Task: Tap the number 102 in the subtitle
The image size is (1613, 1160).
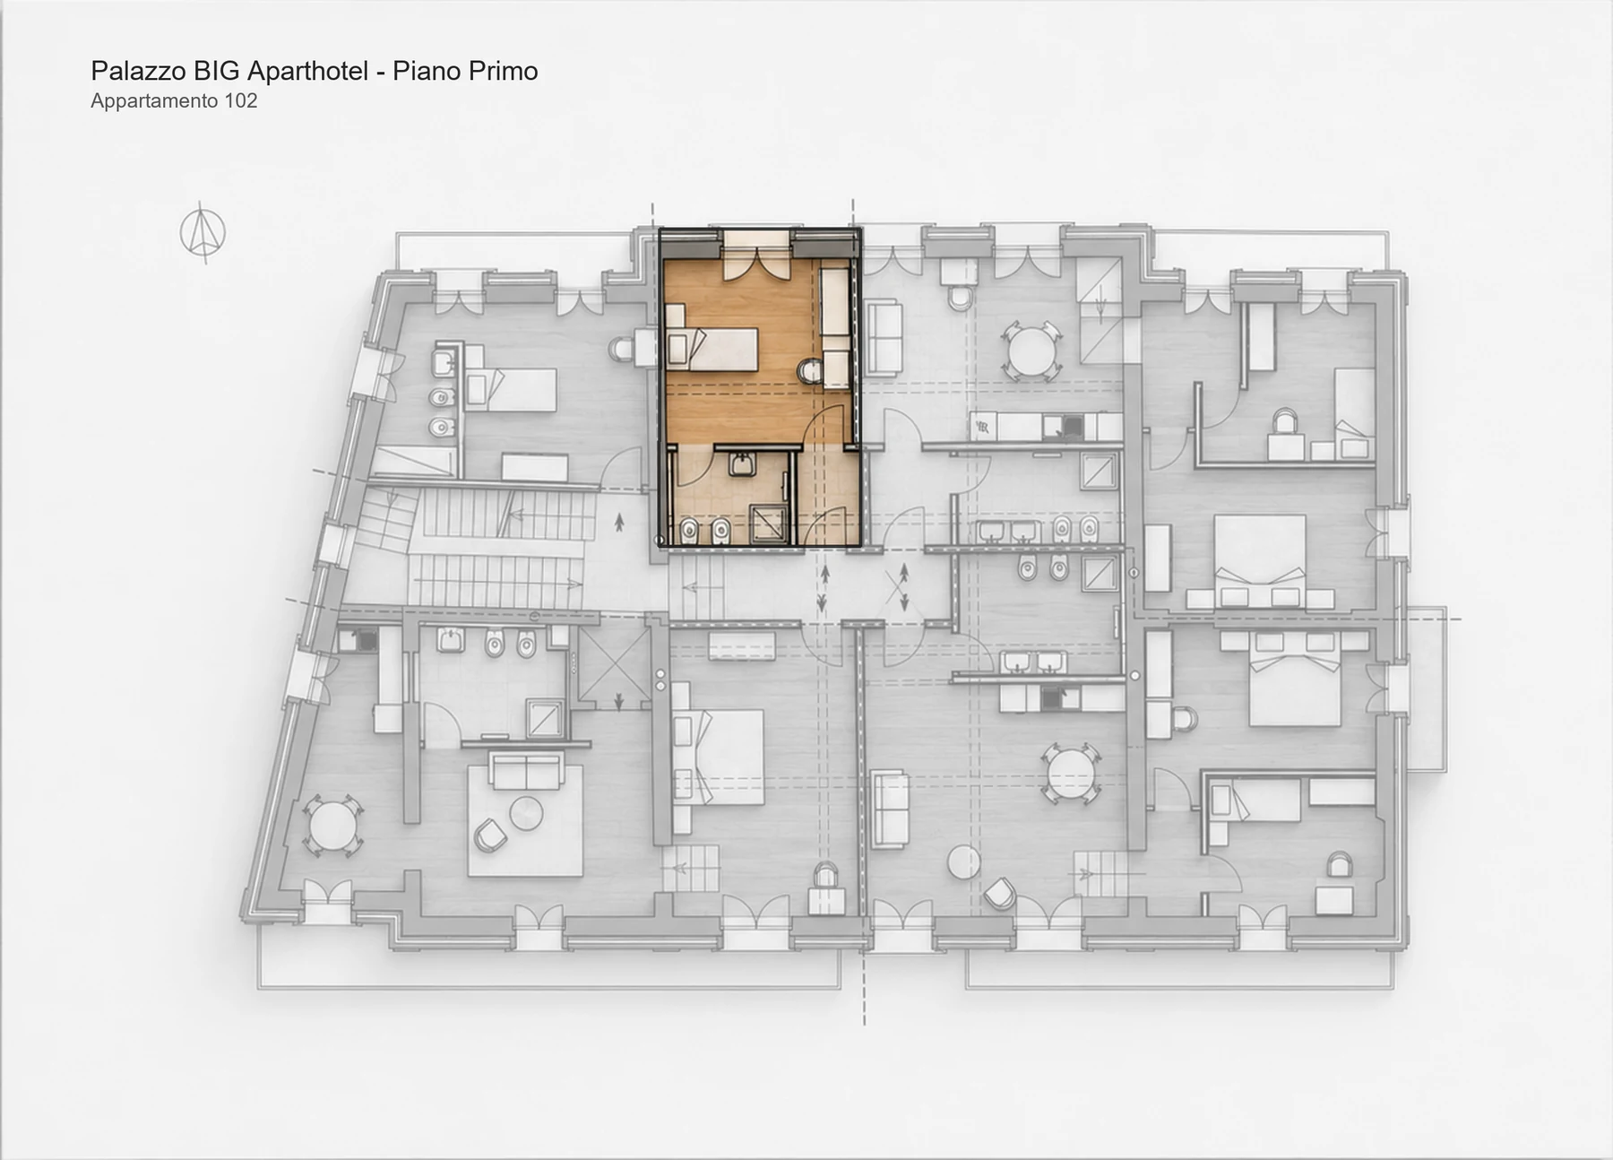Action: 240,100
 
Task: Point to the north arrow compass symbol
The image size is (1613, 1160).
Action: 203,232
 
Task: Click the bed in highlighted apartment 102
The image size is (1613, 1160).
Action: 713,349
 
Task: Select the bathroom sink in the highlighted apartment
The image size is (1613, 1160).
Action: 741,464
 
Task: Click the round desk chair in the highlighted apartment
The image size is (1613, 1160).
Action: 809,370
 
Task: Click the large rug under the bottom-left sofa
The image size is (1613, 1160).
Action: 525,819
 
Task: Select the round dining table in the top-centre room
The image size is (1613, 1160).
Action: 1031,351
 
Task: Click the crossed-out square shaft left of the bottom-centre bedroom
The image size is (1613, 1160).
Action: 615,663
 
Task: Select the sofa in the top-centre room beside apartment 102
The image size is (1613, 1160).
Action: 884,337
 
